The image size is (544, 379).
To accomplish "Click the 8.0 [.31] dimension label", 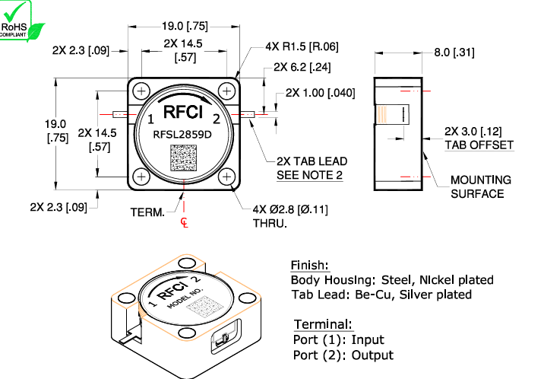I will pos(454,53).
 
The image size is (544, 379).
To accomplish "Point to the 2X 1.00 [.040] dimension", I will pos(320,93).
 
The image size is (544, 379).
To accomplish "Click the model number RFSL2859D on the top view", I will pos(183,135).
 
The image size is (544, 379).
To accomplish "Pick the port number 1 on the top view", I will pos(150,119).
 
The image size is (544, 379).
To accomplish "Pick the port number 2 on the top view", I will pos(216,119).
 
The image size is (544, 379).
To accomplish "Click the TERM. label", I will pos(147,212).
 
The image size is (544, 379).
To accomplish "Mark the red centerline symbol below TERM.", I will pos(184,222).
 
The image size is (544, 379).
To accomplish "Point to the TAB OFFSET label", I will pos(479,145).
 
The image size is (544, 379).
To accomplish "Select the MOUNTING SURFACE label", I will pos(479,186).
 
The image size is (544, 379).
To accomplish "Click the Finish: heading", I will pos(310,266).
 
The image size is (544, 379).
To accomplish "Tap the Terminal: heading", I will pos(322,324).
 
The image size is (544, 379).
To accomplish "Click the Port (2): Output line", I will pos(343,355).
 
